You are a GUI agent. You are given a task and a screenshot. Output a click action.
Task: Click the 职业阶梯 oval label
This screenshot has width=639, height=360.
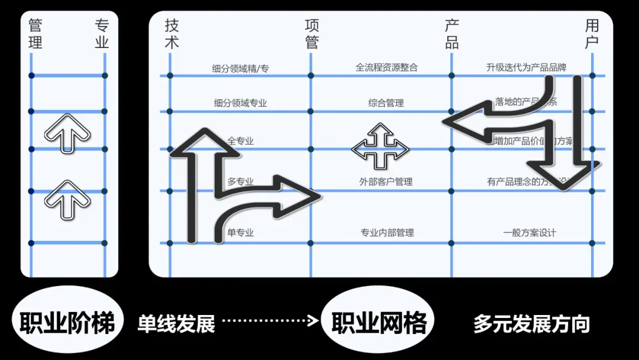[67, 323]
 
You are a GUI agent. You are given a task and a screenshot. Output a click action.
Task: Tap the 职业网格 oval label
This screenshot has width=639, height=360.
[378, 323]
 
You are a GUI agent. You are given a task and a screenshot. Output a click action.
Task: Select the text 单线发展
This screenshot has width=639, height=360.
[176, 323]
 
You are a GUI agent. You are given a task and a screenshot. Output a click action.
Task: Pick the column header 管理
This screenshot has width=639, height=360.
[35, 34]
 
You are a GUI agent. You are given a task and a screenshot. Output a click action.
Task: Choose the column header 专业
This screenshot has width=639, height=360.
[102, 34]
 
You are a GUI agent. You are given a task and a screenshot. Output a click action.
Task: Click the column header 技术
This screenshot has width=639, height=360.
[172, 34]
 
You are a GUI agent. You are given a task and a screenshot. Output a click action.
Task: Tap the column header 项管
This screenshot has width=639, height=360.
[312, 34]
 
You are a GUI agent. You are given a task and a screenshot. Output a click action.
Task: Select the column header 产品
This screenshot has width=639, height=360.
[452, 34]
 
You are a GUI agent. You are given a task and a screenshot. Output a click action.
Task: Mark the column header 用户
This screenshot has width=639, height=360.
[592, 34]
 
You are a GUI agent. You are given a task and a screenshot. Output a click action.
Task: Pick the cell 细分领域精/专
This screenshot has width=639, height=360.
[240, 69]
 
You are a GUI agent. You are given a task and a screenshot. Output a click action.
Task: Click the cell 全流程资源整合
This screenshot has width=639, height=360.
[386, 67]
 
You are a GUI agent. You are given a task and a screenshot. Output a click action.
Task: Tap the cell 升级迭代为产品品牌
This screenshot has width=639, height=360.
[526, 67]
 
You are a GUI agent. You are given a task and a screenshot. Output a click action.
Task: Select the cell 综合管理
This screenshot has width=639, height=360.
[386, 103]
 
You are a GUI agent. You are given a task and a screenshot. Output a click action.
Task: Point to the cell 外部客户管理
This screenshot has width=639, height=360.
[386, 182]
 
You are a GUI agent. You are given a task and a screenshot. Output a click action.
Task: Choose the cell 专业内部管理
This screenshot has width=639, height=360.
[387, 233]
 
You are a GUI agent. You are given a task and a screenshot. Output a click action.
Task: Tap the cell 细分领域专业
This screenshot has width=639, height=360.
[240, 103]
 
